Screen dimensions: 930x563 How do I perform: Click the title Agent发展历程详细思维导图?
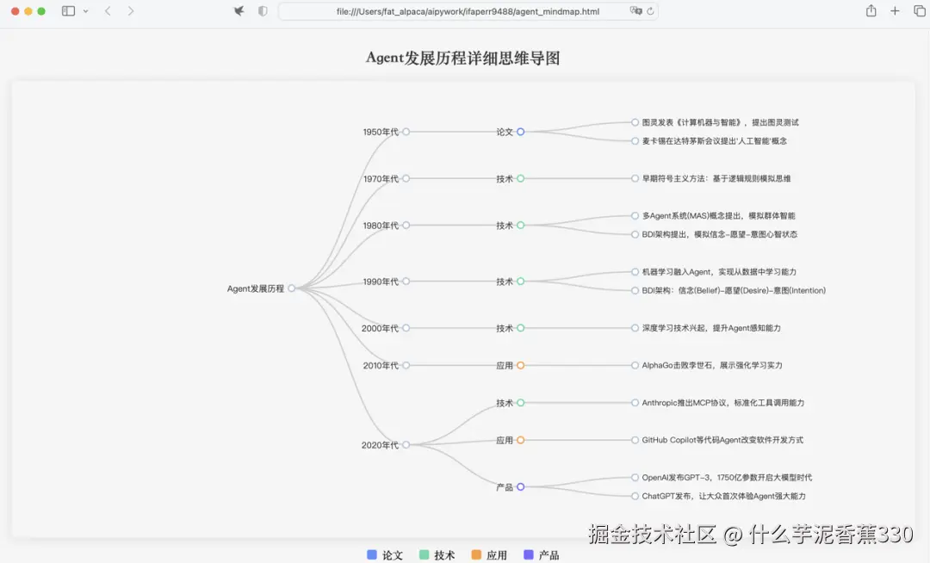point(463,59)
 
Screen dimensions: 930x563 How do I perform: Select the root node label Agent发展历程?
point(256,289)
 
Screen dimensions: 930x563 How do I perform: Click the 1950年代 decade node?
point(381,133)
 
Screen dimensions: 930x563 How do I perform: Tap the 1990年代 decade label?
point(381,282)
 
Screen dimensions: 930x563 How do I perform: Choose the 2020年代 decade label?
point(380,446)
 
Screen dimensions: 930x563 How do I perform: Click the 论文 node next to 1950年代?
point(505,133)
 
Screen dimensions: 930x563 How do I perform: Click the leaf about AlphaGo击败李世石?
point(712,366)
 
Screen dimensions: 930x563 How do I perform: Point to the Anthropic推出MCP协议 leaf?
point(722,403)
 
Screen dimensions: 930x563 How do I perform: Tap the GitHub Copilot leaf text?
point(722,440)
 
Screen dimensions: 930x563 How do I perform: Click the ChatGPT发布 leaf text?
point(723,497)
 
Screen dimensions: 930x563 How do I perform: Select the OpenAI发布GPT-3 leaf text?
point(727,478)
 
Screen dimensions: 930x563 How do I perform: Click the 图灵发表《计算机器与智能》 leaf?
point(720,123)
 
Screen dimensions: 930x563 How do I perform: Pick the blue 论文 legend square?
point(372,555)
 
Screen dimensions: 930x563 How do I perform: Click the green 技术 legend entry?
point(437,555)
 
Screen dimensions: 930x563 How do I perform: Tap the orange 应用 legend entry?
point(489,555)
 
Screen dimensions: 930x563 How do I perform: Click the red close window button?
point(15,11)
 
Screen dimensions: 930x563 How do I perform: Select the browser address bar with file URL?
point(468,11)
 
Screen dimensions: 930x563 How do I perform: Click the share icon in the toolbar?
point(871,11)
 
